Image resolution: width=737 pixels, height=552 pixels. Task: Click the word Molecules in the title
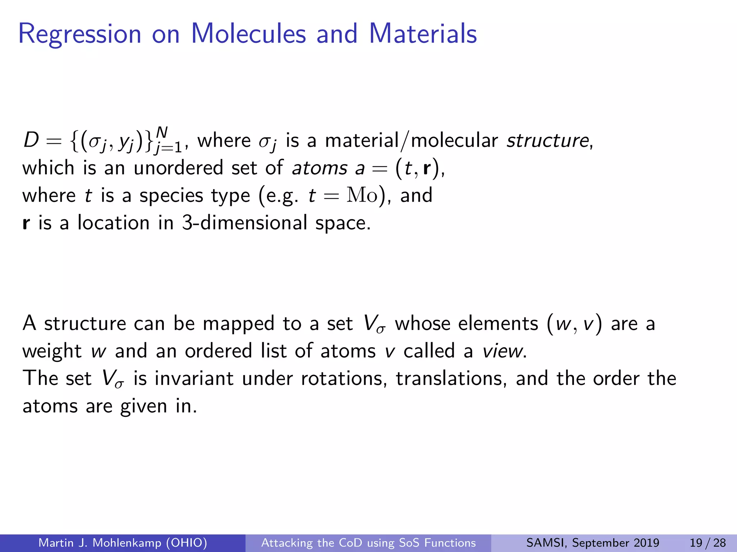click(248, 34)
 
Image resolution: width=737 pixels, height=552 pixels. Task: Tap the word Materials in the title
click(423, 34)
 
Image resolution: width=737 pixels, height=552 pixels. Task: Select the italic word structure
click(547, 141)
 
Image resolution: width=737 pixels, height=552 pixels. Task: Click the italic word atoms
click(320, 168)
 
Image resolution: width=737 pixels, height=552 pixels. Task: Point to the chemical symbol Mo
click(362, 195)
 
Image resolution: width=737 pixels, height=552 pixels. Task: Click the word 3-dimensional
click(245, 223)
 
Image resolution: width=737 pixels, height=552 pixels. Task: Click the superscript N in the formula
click(162, 133)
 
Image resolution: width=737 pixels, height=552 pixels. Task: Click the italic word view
click(503, 351)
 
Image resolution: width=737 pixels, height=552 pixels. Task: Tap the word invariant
click(194, 378)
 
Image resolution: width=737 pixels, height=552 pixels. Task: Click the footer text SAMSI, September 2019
click(592, 543)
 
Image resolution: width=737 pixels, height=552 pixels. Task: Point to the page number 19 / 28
click(707, 543)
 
